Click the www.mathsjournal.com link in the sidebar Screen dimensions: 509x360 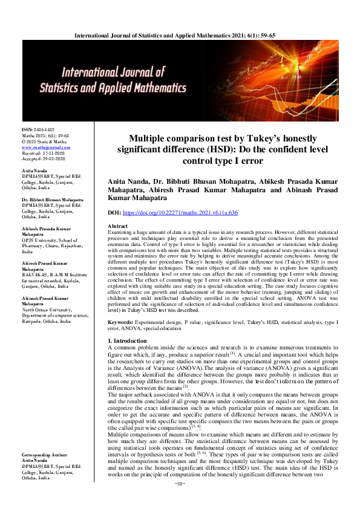[41, 147]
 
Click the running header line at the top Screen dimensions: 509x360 [180, 36]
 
